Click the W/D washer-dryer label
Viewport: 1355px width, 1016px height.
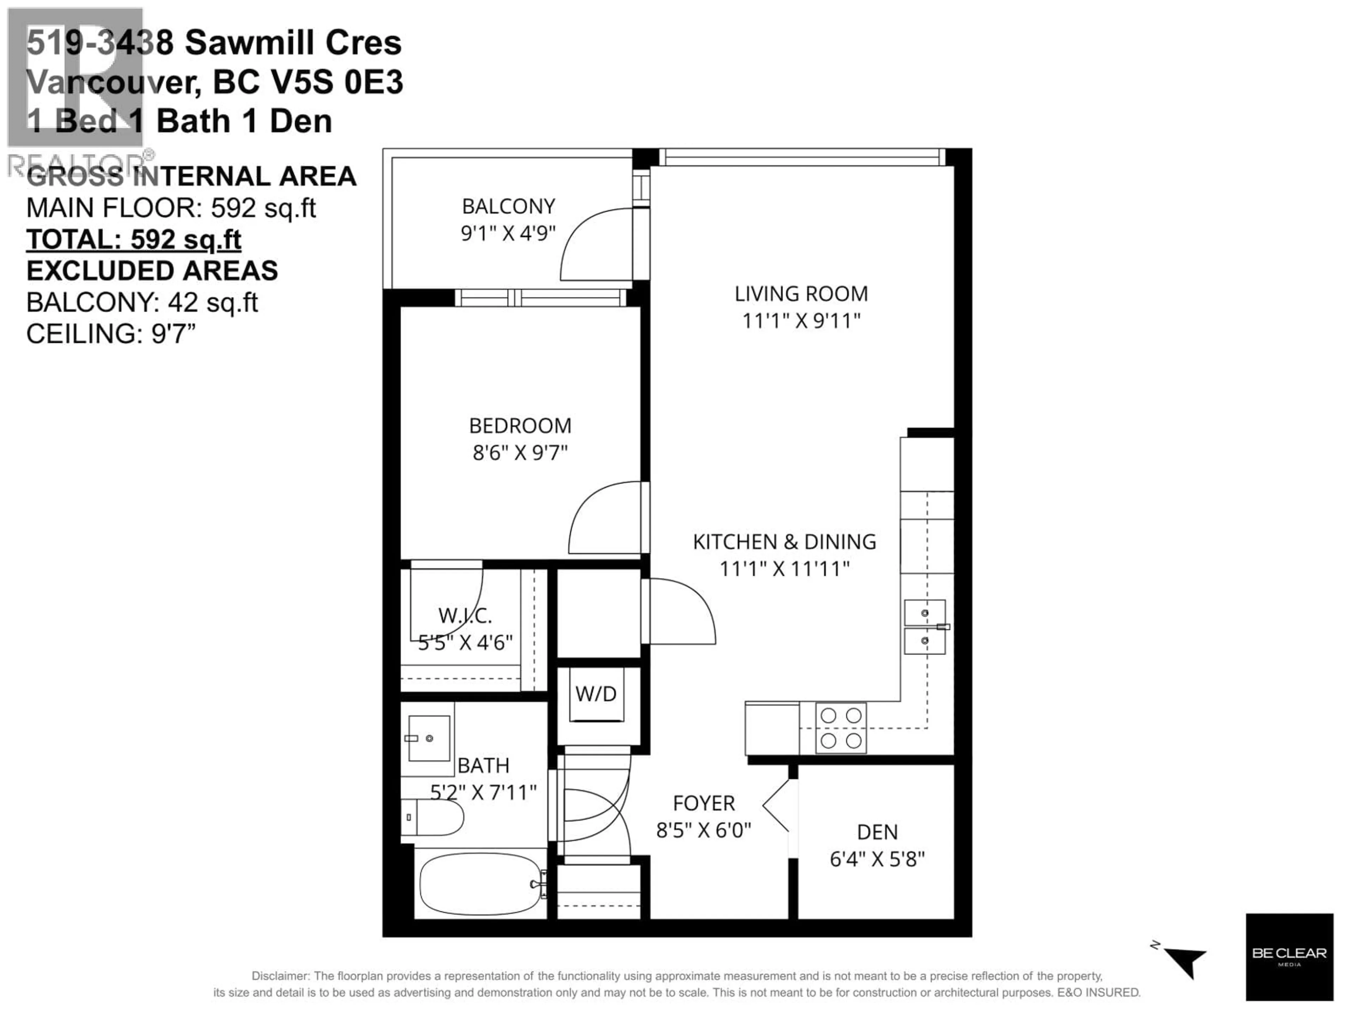(595, 694)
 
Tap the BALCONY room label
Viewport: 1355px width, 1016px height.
(508, 206)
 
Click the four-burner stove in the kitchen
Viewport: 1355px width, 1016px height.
(841, 727)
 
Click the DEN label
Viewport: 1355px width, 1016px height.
(877, 831)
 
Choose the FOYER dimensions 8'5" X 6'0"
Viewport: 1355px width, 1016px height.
(703, 830)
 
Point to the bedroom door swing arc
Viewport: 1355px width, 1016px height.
(603, 518)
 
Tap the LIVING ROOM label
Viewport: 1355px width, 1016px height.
(801, 294)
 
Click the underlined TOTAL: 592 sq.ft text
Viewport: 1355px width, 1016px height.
(133, 240)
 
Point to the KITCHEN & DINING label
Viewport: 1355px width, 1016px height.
(784, 542)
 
